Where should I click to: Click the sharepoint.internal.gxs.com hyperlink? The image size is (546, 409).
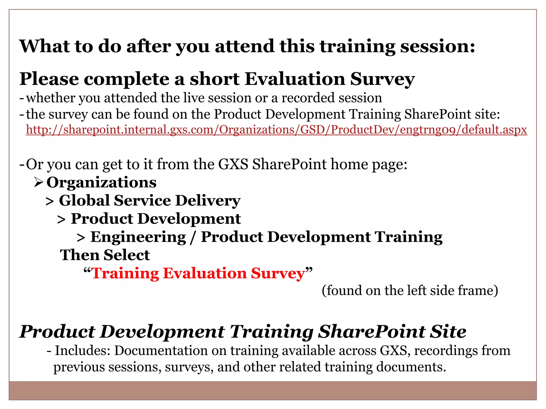[276, 130]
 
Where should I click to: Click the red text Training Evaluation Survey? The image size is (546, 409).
[198, 273]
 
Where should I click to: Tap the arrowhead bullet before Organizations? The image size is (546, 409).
[38, 183]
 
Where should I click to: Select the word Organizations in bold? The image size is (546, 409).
[101, 183]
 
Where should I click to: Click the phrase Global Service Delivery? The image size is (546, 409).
[149, 201]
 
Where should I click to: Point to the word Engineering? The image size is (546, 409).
[138, 237]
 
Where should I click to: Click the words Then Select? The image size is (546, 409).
[105, 255]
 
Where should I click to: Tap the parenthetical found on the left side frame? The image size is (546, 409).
[409, 291]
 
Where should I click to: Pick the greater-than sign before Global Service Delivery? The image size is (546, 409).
[50, 202]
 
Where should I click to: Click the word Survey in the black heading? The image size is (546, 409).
[382, 79]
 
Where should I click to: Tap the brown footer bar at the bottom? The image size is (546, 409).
[272, 390]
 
